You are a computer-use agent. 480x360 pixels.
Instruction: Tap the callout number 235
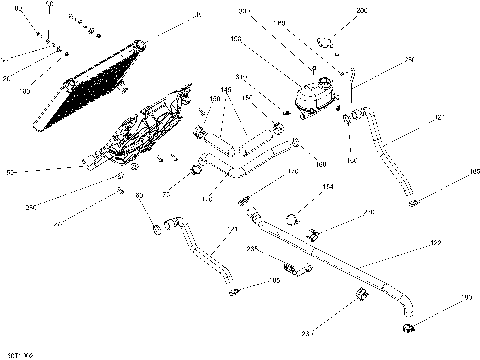pos(252,247)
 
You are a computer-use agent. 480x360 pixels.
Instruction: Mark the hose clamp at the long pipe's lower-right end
pos(408,326)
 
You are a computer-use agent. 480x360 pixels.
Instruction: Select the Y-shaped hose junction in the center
pos(238,158)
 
